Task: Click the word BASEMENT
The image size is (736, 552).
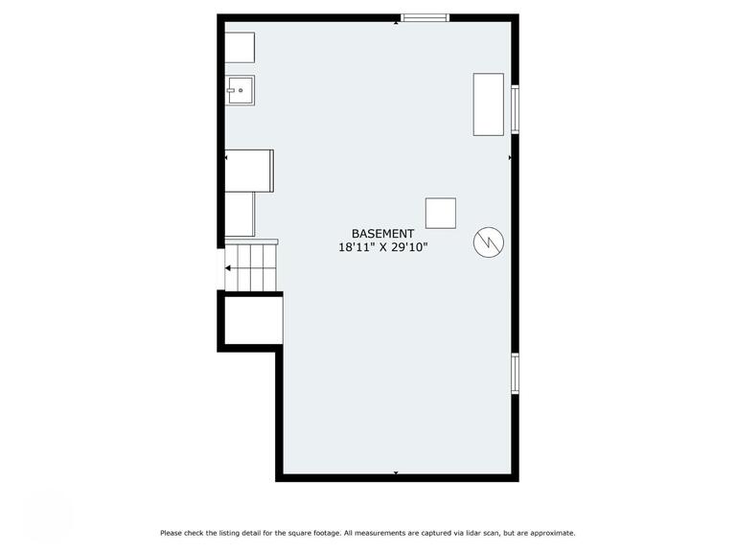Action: tap(382, 234)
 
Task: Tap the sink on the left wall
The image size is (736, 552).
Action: tap(240, 90)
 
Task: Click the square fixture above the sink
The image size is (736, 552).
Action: tap(240, 48)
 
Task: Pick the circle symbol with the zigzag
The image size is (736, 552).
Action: tap(488, 242)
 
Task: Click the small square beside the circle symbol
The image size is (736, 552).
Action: tap(441, 213)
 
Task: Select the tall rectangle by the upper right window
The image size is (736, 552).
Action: tap(489, 103)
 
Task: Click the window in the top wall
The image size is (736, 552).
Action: tap(425, 17)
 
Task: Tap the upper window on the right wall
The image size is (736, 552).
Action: tap(516, 109)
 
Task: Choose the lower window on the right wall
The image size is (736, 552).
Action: tap(516, 373)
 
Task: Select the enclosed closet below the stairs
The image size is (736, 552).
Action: tap(253, 321)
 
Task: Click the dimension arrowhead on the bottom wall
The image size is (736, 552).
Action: tap(396, 472)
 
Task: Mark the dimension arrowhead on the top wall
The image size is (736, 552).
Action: tap(396, 23)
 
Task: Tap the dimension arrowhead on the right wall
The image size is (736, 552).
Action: tap(510, 157)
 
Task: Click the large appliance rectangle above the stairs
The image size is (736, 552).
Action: tap(249, 170)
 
